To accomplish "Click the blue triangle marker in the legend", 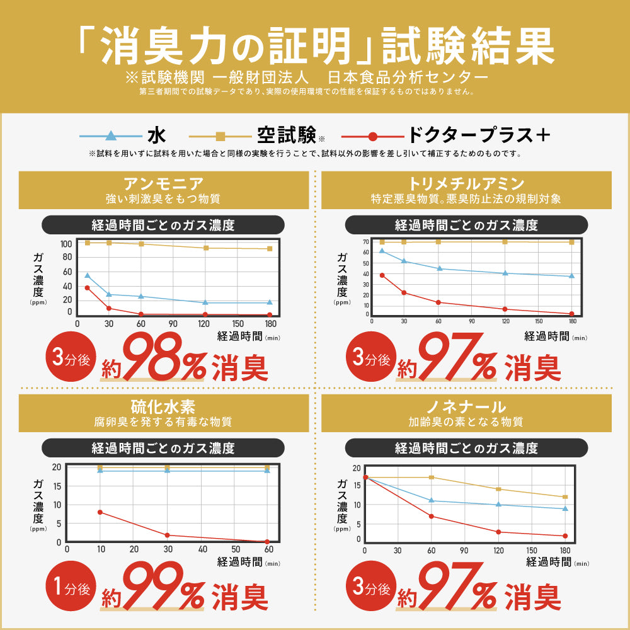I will (111, 135).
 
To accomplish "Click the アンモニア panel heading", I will (164, 184).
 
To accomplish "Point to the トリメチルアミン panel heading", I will (466, 184).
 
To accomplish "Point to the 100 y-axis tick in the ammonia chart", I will (66, 244).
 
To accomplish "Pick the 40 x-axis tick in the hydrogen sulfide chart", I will (202, 549).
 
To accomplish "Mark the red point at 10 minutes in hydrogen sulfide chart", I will (100, 512).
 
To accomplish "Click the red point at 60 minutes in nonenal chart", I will (432, 517).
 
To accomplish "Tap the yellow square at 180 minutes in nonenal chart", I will (565, 497).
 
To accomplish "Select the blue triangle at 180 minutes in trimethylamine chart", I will (571, 276).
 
